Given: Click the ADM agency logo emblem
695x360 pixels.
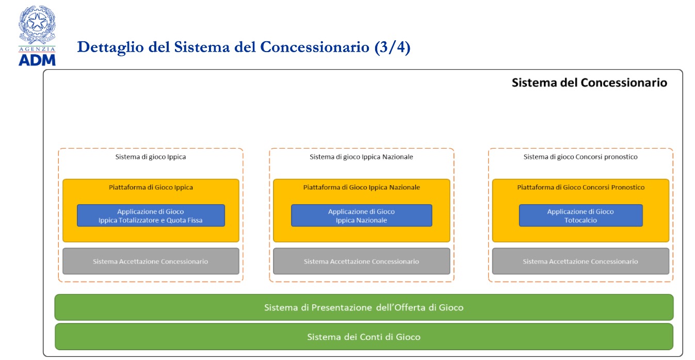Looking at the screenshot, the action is coord(37,24).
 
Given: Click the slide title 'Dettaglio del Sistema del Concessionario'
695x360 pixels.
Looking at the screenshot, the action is coord(223,47).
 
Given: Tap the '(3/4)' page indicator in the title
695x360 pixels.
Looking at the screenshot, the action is coord(393,47).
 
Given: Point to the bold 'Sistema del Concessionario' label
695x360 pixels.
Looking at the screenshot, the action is coord(589,83).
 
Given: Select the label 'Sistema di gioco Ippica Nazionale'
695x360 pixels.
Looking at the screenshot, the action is coord(361,157).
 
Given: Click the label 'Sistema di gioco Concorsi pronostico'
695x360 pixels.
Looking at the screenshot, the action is coord(580,157).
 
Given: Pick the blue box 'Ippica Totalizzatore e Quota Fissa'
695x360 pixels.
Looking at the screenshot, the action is coord(151,216).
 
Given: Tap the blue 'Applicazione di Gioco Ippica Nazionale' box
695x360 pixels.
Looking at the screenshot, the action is coord(362,216).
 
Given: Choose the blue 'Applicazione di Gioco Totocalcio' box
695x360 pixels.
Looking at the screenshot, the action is coord(581,216).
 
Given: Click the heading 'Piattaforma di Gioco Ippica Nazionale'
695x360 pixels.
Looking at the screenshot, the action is coord(362,187).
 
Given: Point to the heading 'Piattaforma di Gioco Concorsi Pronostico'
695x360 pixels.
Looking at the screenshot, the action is coord(581,187).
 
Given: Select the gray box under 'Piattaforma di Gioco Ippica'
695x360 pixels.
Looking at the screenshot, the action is coord(151,261).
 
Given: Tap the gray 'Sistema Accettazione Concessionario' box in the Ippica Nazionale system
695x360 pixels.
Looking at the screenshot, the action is coord(362,261).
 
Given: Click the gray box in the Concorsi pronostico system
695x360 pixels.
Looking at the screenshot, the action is coord(580,261).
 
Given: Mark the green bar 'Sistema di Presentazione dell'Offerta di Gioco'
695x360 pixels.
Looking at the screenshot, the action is coord(364,307).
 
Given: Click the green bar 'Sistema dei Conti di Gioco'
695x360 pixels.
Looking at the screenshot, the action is coord(364,337).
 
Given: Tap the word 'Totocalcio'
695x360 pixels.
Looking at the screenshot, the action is coord(580,220).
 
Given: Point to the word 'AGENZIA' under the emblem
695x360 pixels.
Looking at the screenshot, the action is coord(37,49).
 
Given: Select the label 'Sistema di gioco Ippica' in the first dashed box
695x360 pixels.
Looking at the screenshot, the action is coord(151,157).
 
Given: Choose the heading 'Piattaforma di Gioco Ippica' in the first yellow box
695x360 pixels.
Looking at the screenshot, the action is coord(151,187).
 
